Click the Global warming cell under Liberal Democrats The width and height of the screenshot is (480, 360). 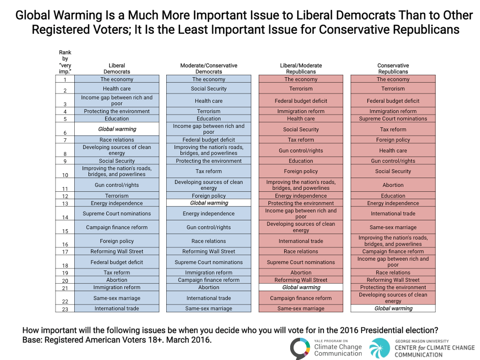point(117,129)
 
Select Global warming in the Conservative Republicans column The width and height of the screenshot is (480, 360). point(393,309)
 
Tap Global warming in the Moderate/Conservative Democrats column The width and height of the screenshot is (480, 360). point(209,203)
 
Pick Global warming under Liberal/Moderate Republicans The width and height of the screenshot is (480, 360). point(301,287)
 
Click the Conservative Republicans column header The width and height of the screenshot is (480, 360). point(393,68)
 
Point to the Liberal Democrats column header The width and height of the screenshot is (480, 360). point(117,68)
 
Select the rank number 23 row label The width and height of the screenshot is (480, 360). point(64,309)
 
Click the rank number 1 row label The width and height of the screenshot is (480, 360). point(64,80)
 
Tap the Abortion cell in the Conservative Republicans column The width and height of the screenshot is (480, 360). point(393,185)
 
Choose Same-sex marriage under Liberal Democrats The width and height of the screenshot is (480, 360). point(117,298)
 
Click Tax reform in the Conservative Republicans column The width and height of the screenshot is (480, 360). point(393,129)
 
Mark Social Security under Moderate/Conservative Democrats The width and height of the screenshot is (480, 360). point(209,89)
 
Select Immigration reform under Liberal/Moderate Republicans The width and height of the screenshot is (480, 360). point(301,111)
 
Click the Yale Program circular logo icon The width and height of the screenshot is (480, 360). point(300,349)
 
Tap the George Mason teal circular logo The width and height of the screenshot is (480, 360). point(380,348)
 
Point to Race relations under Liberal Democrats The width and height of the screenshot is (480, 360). point(117,140)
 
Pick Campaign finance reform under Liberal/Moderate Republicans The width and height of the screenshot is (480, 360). point(301,298)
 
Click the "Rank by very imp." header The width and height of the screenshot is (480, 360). point(65,62)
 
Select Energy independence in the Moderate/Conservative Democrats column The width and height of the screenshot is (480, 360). point(209,214)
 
